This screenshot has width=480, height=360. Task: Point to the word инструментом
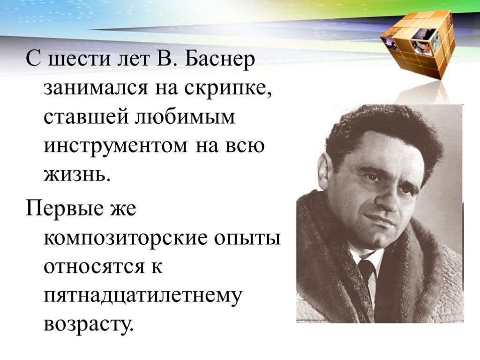(115, 146)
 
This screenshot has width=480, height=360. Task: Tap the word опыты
(247, 239)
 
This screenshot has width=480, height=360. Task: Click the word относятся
(94, 267)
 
